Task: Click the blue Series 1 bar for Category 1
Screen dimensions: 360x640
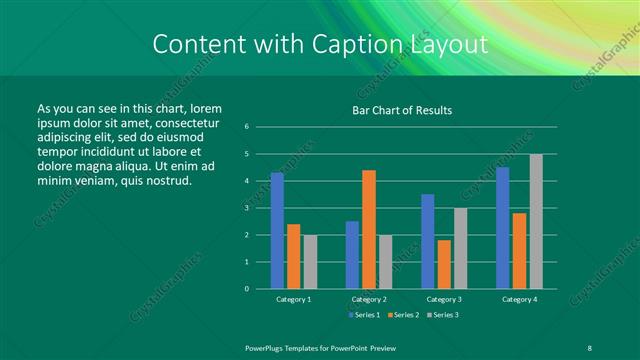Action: point(277,230)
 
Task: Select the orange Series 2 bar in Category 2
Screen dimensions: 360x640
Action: point(369,229)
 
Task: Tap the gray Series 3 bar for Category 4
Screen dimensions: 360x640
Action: point(536,221)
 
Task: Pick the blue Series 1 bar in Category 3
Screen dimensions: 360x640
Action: point(428,241)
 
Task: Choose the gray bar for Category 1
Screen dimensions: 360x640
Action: point(310,261)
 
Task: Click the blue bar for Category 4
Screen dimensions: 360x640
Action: point(503,227)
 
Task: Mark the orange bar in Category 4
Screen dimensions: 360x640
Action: point(519,250)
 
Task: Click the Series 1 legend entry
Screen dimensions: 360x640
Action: point(364,315)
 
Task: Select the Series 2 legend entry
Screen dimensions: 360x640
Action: point(405,315)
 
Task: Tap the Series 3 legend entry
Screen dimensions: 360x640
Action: point(445,315)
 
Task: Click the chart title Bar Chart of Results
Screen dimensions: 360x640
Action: point(403,110)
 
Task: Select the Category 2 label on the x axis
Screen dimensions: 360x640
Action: point(368,299)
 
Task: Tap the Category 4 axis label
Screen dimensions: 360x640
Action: point(519,299)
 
